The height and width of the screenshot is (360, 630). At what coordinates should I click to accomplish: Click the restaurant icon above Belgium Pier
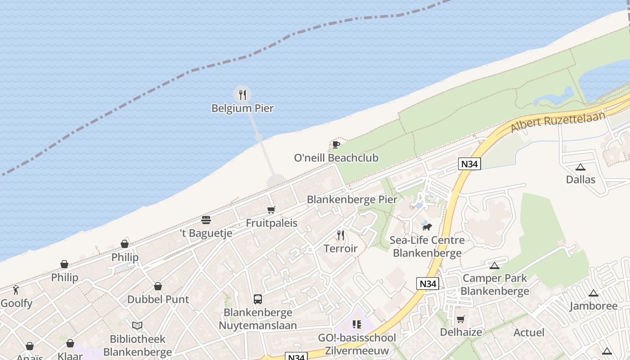click(x=243, y=94)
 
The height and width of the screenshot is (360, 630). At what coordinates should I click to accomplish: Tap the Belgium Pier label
click(x=243, y=108)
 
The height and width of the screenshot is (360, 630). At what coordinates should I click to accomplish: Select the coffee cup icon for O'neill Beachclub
click(x=336, y=144)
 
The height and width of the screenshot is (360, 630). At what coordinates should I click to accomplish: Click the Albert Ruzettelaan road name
click(x=558, y=121)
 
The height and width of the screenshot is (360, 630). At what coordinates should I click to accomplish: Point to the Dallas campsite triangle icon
click(x=580, y=167)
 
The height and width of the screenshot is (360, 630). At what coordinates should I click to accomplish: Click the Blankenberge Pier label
click(x=352, y=199)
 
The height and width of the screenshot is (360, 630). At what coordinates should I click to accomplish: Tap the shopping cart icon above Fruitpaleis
click(x=271, y=210)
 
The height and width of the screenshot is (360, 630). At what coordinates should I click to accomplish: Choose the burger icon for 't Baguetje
click(x=206, y=220)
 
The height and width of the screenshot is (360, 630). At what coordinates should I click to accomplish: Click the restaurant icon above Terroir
click(x=341, y=235)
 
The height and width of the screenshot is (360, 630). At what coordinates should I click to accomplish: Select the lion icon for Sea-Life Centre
click(x=427, y=227)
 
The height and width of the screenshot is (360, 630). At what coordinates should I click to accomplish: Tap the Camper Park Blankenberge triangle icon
click(x=495, y=265)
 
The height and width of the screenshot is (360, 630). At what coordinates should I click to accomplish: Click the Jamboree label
click(x=594, y=306)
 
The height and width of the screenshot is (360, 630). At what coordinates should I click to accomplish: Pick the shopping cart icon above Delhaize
click(x=461, y=319)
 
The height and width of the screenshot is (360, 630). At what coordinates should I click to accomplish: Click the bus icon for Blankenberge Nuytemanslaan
click(x=258, y=299)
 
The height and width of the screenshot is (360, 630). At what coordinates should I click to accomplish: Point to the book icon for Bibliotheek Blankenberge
click(x=137, y=325)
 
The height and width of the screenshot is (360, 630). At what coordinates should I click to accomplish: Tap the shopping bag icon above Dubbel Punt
click(x=158, y=286)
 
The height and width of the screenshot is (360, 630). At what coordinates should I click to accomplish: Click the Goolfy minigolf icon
click(x=16, y=290)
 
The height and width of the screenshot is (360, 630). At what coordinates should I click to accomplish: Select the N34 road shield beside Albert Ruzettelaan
click(x=469, y=164)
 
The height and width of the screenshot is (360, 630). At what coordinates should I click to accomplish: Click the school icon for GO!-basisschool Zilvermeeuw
click(x=357, y=324)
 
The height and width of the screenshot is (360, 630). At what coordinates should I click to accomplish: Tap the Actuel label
click(x=529, y=333)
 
